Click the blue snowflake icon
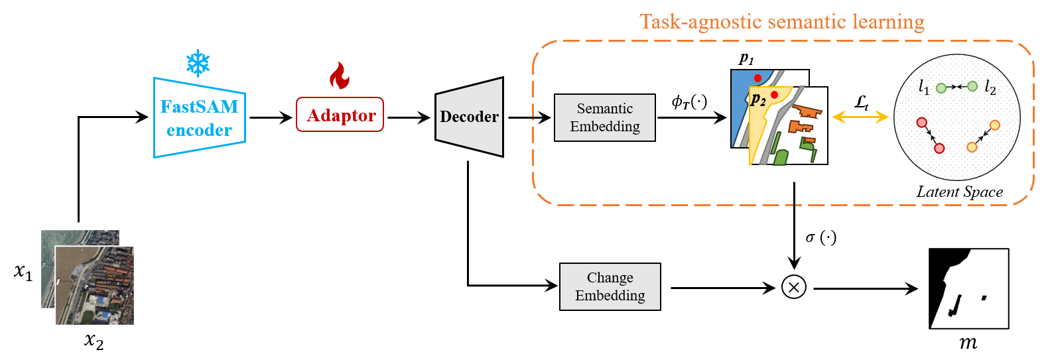pyautogui.click(x=198, y=63)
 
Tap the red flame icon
pyautogui.click(x=340, y=76)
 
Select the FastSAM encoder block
pyautogui.click(x=200, y=118)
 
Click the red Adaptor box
pyautogui.click(x=340, y=115)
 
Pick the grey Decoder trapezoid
pyautogui.click(x=470, y=117)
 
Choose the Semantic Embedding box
pyautogui.click(x=605, y=117)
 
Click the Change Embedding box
pyautogui.click(x=610, y=286)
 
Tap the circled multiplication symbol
pyautogui.click(x=794, y=287)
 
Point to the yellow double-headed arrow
pyautogui.click(x=860, y=117)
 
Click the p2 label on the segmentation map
pyautogui.click(x=758, y=100)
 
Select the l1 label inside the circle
pyautogui.click(x=924, y=87)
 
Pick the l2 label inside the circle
pyautogui.click(x=990, y=88)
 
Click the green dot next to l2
pyautogui.click(x=972, y=86)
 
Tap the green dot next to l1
pyautogui.click(x=941, y=88)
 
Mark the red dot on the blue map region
pyautogui.click(x=757, y=78)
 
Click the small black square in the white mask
pyautogui.click(x=984, y=298)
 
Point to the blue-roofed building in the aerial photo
pyautogui.click(x=102, y=301)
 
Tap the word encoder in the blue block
pyautogui.click(x=200, y=131)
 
